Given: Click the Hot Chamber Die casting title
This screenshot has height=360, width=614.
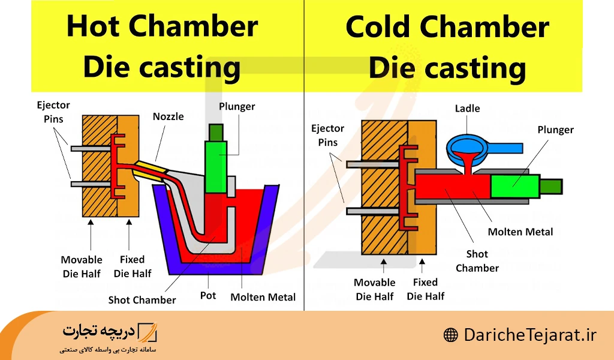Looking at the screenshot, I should [162, 47].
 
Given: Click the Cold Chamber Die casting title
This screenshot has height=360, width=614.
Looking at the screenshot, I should [447, 47].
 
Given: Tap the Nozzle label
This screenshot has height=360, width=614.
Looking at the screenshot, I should [168, 116].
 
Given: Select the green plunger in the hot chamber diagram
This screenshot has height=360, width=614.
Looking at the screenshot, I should [216, 165].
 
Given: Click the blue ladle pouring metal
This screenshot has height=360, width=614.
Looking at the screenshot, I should [474, 146].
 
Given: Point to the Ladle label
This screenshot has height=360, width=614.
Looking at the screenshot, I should [468, 109].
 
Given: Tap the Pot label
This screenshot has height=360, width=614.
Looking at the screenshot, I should [208, 296].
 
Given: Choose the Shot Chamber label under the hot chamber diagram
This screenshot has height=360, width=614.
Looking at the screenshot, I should [142, 299].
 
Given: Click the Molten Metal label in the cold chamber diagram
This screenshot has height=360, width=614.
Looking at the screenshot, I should [520, 232].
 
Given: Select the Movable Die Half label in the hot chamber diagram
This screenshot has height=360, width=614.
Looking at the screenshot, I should [82, 266].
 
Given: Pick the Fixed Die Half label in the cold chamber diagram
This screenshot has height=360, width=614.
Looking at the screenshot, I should [426, 289].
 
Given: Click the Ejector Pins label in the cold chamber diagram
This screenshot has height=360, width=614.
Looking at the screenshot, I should [328, 135].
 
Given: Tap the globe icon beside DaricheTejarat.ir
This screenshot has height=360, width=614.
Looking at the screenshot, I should [450, 335].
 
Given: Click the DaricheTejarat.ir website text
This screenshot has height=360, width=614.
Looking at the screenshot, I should [530, 334].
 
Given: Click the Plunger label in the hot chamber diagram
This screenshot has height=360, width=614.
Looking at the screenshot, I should [237, 107].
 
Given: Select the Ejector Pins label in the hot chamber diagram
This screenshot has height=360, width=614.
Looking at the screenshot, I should [53, 112].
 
